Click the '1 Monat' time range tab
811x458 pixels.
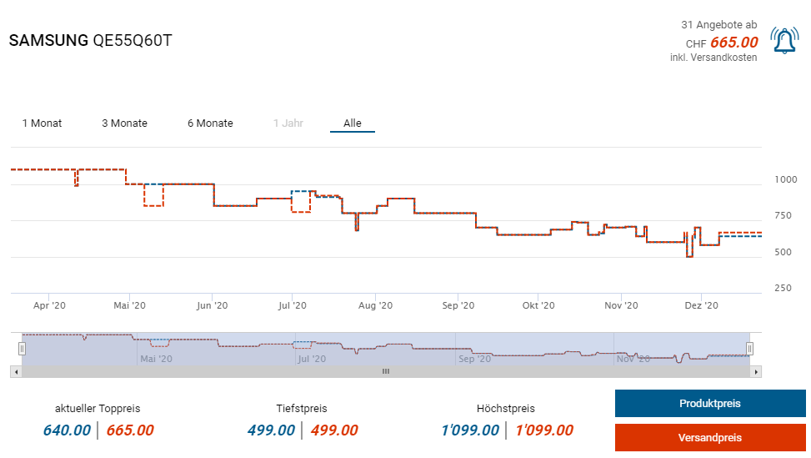point(42,123)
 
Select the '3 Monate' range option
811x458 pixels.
point(124,123)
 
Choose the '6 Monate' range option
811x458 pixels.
point(210,123)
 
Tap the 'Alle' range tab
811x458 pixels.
point(353,123)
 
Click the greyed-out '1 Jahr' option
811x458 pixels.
point(288,123)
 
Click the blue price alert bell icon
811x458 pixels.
point(784,41)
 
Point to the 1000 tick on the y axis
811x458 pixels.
point(785,179)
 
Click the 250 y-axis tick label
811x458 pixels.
point(783,288)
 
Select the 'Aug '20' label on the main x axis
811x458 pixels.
point(375,306)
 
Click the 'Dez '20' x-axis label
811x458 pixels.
point(701,306)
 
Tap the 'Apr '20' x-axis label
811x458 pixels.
point(49,306)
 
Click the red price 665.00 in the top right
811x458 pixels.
point(733,43)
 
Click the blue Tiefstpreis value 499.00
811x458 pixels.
point(271,430)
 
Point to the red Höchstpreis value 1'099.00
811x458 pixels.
point(544,430)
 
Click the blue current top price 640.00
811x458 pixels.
point(67,430)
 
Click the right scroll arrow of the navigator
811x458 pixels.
point(756,371)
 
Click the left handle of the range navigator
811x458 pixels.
point(23,349)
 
